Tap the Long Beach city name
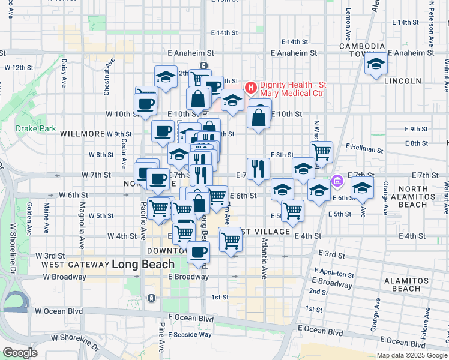tap(143, 264)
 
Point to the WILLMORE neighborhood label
tap(83, 134)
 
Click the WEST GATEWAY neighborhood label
tap(74, 264)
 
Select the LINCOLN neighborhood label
tap(404, 81)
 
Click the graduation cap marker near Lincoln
tap(376, 64)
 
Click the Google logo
tap(20, 353)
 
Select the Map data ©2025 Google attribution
tap(411, 355)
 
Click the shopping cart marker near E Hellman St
tap(322, 152)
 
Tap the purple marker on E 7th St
tap(337, 181)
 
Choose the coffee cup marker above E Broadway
tap(198, 252)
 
